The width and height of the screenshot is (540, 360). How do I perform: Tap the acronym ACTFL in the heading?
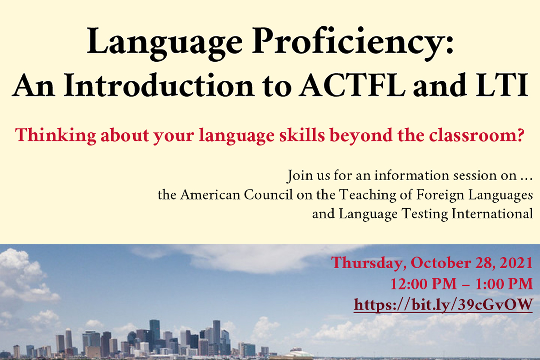(352, 85)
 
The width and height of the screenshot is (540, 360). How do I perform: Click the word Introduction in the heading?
(159, 85)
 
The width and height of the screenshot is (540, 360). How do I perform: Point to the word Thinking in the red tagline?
(55, 135)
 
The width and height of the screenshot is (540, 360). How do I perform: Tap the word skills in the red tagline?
(302, 135)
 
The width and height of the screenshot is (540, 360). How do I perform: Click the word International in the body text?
(492, 214)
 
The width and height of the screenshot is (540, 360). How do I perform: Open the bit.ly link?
(444, 305)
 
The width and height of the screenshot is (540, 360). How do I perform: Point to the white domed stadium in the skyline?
(297, 354)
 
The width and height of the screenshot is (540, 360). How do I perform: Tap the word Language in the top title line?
(165, 43)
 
